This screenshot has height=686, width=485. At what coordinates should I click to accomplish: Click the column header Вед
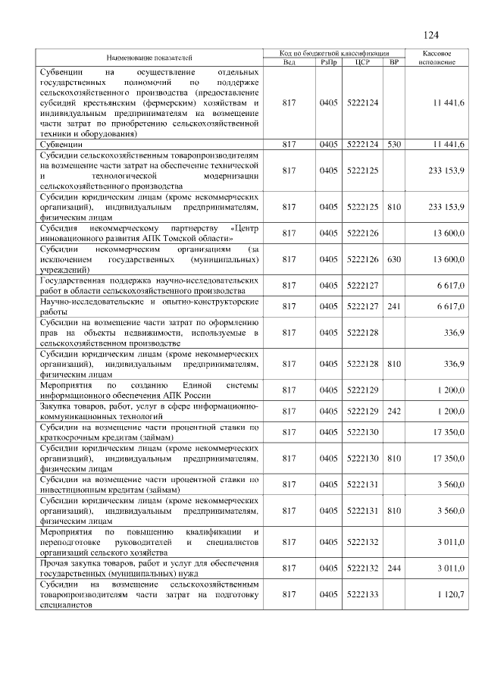289,61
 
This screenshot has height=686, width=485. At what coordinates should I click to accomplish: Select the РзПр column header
329,61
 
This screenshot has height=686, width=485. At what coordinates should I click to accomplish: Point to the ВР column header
393,61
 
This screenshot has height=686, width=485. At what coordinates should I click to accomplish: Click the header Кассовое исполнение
436,58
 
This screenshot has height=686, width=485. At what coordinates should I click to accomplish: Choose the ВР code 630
393,259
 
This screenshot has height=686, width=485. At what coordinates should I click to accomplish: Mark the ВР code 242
393,411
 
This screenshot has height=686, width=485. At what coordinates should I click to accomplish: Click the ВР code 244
393,568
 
